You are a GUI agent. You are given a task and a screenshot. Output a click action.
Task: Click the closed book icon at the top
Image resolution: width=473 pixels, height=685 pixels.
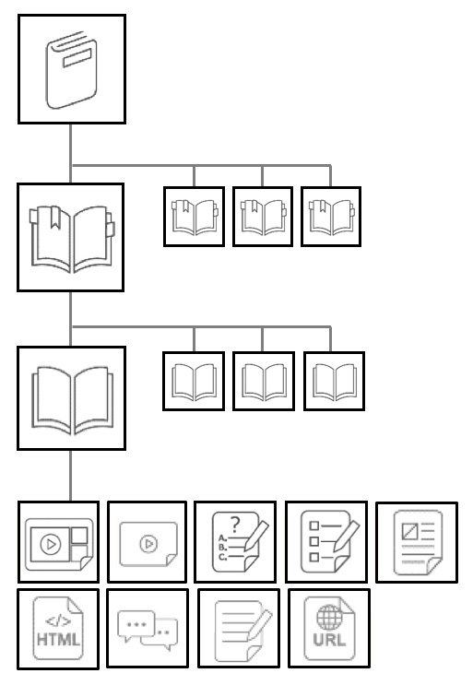(x=72, y=70)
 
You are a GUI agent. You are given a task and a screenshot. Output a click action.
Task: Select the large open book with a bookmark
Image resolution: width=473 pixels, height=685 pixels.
(x=72, y=239)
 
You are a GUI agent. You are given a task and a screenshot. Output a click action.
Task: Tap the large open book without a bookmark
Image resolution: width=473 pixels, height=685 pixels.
(x=72, y=400)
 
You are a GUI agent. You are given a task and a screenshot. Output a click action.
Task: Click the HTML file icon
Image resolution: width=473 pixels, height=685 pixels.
(x=58, y=628)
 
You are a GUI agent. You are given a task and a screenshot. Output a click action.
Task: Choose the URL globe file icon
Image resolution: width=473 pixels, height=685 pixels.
(x=329, y=628)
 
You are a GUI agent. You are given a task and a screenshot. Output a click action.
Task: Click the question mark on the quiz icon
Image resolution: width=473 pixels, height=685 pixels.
(x=235, y=524)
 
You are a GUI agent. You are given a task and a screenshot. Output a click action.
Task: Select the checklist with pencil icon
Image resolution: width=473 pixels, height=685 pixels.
(x=329, y=542)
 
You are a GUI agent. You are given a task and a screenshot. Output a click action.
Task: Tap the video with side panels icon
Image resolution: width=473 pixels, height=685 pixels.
(x=58, y=544)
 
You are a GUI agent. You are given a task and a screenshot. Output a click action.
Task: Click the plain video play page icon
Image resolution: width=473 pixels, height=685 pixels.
(x=148, y=544)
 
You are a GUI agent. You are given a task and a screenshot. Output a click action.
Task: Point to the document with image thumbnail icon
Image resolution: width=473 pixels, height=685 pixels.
(x=418, y=542)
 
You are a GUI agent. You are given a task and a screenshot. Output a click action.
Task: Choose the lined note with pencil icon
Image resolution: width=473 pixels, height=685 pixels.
(x=242, y=631)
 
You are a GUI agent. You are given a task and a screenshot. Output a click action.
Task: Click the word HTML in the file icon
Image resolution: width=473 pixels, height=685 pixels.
(x=58, y=640)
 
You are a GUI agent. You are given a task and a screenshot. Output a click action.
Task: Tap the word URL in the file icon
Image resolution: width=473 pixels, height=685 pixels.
(x=329, y=640)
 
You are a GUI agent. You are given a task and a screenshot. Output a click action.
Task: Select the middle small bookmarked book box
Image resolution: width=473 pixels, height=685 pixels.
(x=263, y=217)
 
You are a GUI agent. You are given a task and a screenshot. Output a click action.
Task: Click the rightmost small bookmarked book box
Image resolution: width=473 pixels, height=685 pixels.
(x=331, y=217)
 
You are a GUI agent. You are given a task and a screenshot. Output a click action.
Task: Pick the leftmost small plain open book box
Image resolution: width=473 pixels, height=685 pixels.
(x=194, y=381)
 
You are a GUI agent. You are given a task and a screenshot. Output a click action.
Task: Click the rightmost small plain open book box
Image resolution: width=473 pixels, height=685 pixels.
(x=334, y=381)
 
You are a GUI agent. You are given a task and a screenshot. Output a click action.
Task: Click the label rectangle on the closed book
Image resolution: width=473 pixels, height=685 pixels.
(x=77, y=58)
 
